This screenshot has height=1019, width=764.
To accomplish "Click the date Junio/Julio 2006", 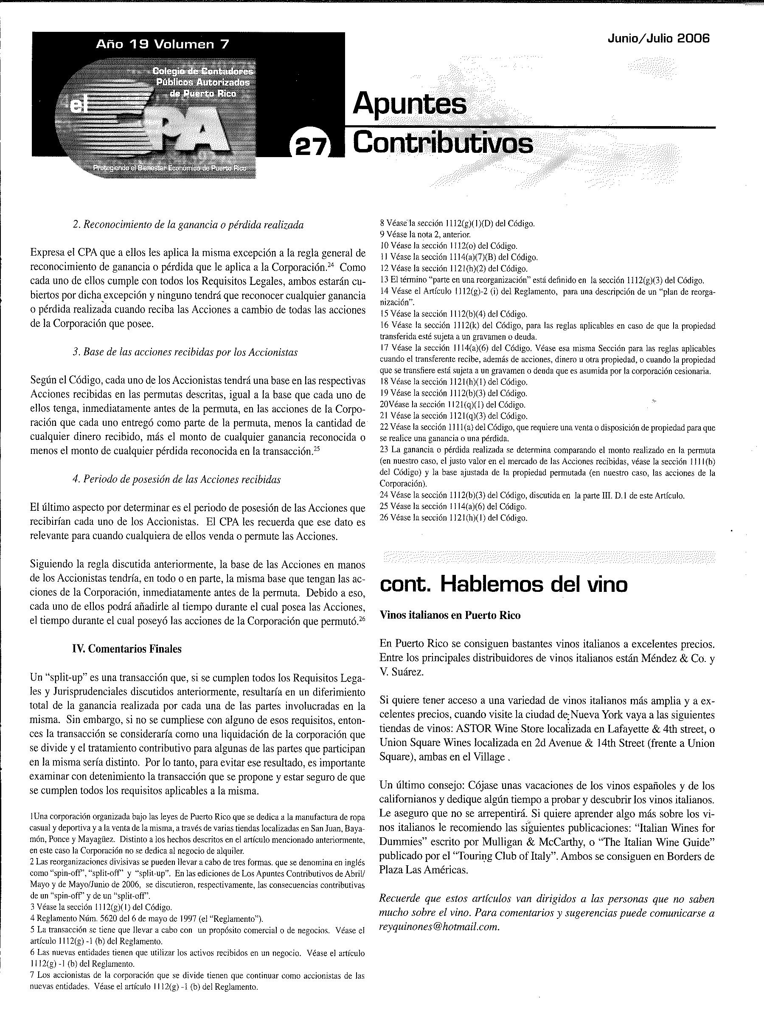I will [x=659, y=39].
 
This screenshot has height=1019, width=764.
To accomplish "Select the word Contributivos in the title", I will [x=443, y=143].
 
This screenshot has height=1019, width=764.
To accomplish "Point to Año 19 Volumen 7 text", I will [x=162, y=44].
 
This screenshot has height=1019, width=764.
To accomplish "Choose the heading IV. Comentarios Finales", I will [x=126, y=649].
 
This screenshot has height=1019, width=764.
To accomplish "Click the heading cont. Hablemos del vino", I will [x=503, y=584].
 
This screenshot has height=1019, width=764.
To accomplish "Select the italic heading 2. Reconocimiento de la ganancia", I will [x=188, y=225].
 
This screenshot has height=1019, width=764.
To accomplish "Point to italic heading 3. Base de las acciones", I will [x=185, y=352].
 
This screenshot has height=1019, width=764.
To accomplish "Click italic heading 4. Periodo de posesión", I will [x=177, y=479].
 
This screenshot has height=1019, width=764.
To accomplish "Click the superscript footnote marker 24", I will [x=330, y=265].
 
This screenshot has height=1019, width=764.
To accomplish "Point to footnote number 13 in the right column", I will [x=384, y=280].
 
